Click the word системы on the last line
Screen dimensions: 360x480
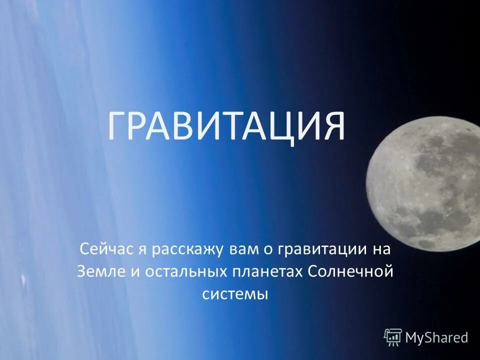(235, 295)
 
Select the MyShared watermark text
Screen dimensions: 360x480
(436, 337)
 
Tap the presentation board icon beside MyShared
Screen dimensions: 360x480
(393, 337)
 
